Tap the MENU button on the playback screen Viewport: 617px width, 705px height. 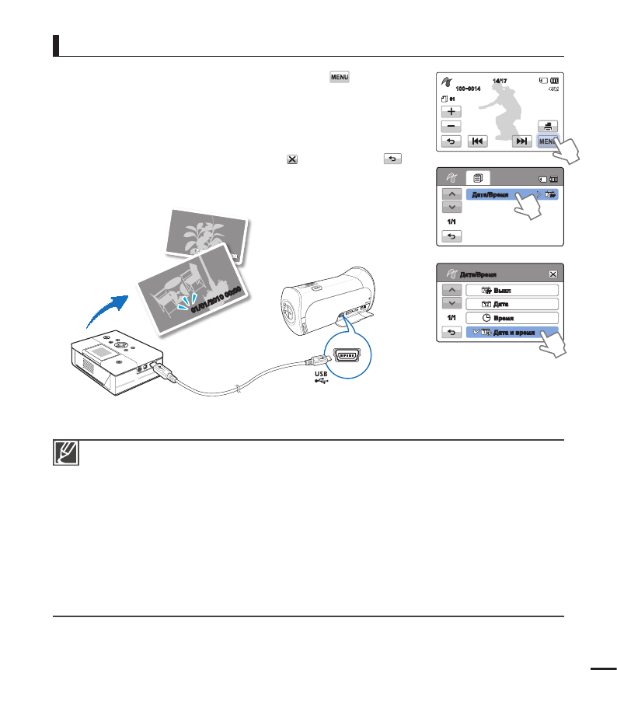click(547, 141)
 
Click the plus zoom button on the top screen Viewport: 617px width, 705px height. click(451, 112)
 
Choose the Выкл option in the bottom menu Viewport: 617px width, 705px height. click(512, 290)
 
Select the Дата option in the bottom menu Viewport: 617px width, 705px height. click(512, 304)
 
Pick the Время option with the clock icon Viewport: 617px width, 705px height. click(512, 318)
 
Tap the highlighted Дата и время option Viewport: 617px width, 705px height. click(512, 333)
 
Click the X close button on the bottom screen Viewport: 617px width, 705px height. click(553, 274)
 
